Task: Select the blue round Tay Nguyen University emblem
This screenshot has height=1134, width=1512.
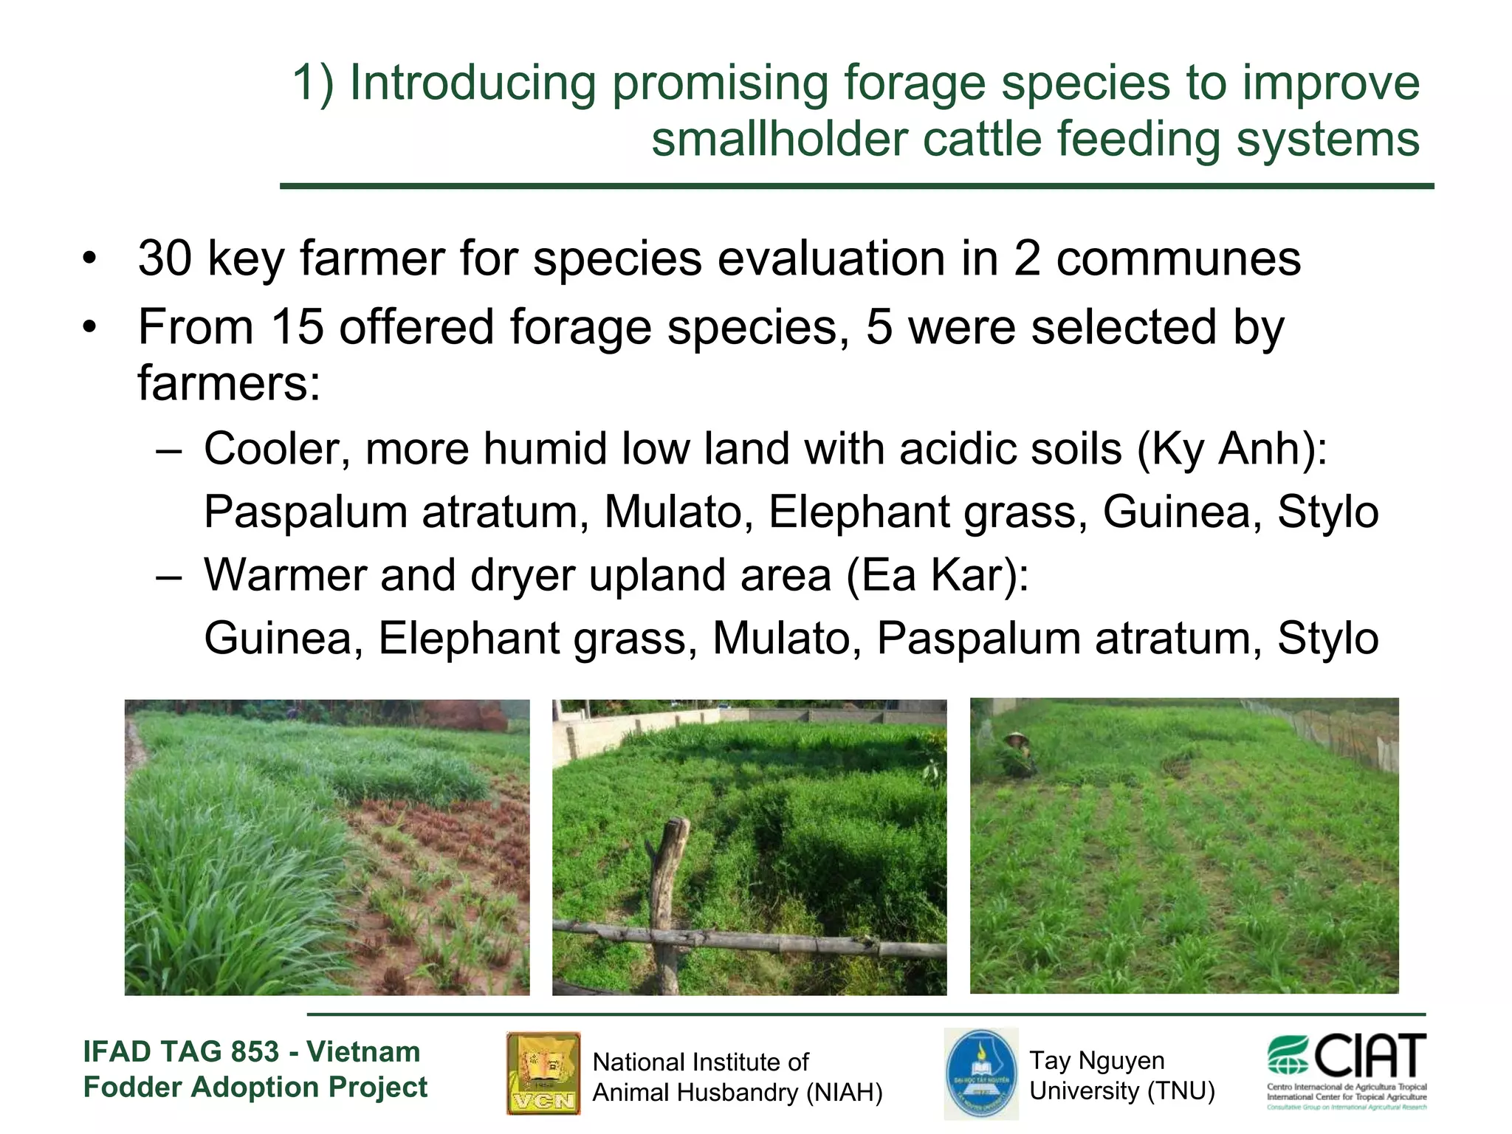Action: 981,1074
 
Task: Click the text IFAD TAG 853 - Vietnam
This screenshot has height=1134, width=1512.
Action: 252,1051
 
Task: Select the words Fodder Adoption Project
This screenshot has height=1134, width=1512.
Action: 255,1087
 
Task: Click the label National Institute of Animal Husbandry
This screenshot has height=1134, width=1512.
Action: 737,1077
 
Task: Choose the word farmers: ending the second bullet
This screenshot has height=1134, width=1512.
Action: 229,384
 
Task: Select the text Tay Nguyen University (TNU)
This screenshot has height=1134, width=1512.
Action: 1121,1076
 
